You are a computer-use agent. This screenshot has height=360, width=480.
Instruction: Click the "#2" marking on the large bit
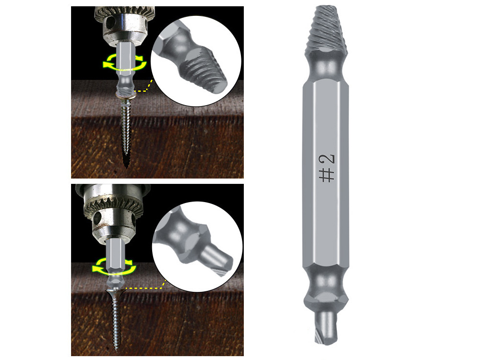point(327,168)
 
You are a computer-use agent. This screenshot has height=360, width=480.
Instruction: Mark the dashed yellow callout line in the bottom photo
point(144,288)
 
